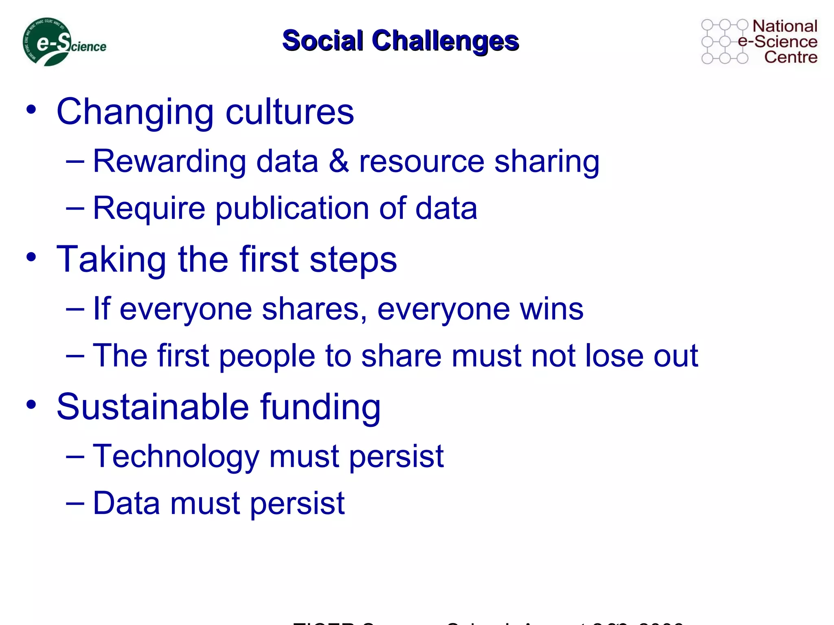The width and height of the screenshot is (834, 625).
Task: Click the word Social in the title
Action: point(323,41)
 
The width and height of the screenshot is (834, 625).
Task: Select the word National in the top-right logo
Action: point(785,26)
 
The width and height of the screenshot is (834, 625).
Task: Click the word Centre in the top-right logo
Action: point(790,57)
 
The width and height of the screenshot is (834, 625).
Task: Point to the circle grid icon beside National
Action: point(724,42)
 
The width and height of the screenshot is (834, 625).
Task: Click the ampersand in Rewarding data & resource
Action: point(339,161)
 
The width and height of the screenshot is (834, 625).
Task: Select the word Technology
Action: point(176,457)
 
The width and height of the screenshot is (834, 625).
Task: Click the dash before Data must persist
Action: point(75,503)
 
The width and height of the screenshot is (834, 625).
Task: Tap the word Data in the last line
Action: point(126,503)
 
